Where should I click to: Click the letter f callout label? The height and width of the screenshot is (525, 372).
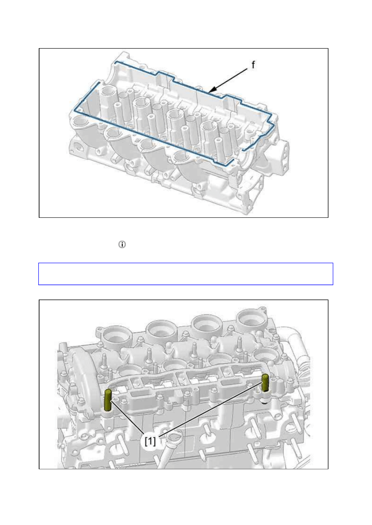point(253,65)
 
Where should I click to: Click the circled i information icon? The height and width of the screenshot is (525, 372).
point(122,244)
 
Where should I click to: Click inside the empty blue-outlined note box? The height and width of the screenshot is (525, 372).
point(185,274)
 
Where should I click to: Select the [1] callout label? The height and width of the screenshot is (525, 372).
point(150,441)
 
